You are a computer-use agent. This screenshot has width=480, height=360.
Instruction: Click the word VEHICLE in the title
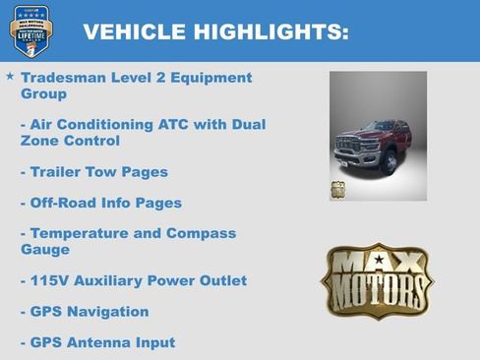(x=128, y=31)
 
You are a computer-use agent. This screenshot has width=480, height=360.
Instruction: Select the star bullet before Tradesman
(x=10, y=76)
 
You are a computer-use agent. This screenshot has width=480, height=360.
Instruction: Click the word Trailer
(x=57, y=172)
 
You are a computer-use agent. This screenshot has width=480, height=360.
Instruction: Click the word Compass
(x=202, y=233)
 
